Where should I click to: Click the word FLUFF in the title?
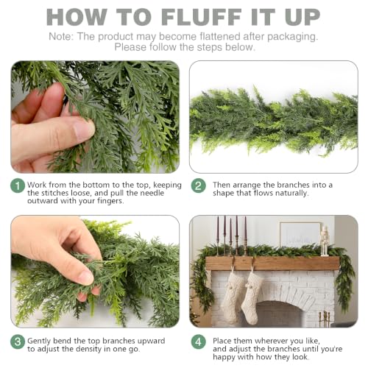202,17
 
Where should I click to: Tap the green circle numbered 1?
18,185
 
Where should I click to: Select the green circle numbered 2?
199,185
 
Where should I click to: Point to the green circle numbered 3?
18,342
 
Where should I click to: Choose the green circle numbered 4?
199,342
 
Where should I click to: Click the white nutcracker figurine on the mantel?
325,241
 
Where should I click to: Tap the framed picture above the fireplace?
300,235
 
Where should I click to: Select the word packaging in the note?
292,37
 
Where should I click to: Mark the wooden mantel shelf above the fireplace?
272,263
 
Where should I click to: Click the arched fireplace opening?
277,314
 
